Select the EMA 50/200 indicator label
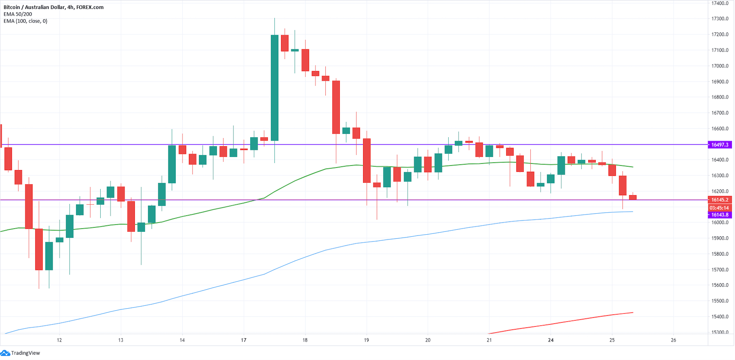[18, 14]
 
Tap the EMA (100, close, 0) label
[25, 21]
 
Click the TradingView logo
[21, 353]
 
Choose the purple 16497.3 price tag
[720, 145]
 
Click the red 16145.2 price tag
[720, 200]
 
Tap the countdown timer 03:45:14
[720, 208]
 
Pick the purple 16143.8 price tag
[720, 215]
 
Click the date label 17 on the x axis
[244, 340]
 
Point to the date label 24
[551, 340]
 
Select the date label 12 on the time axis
[60, 340]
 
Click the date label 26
[673, 340]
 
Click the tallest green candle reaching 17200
[274, 88]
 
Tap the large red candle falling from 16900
[336, 107]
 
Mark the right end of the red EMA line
[633, 312]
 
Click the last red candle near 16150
[633, 197]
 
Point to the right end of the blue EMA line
[633, 211]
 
